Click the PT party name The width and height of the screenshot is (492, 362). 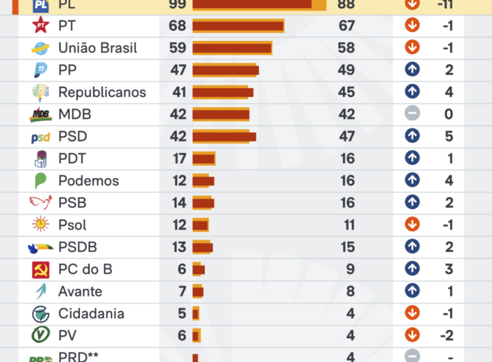click(67, 26)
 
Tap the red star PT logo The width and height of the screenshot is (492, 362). click(41, 26)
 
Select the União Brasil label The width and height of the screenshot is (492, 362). click(98, 48)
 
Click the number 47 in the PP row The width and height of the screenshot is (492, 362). click(178, 70)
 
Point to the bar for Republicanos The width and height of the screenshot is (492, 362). click(223, 92)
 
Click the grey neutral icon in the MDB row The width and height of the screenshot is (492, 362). click(412, 114)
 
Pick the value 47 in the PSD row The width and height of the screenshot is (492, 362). click(346, 137)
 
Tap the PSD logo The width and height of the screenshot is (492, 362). click(41, 137)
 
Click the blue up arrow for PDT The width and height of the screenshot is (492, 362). click(412, 158)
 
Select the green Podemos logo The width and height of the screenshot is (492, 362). click(41, 181)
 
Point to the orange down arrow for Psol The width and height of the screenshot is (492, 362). click(412, 225)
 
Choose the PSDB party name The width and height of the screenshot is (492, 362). click(77, 247)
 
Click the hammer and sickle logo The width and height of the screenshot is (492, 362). click(41, 270)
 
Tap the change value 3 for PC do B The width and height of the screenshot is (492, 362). click(449, 269)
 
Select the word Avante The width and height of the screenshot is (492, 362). click(80, 292)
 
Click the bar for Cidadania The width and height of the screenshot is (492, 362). click(196, 314)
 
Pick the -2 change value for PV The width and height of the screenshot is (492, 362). click(446, 335)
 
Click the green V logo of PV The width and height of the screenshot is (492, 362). click(41, 335)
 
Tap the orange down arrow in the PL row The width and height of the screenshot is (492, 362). click(412, 4)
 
